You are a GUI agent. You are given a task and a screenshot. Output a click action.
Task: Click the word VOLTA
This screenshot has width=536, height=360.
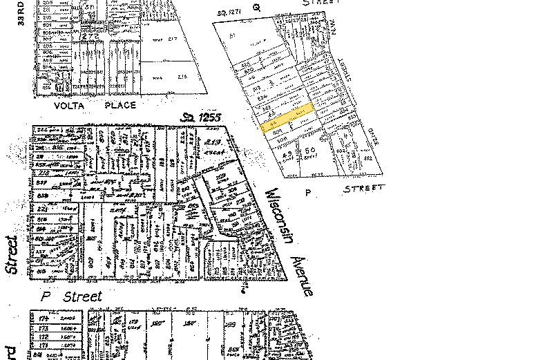(69, 105)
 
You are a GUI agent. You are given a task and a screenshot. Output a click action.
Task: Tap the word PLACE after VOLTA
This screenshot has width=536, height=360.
(119, 105)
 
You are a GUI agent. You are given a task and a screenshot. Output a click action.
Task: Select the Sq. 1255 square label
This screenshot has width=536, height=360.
(201, 118)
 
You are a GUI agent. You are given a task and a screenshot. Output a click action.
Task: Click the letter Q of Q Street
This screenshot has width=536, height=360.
(256, 8)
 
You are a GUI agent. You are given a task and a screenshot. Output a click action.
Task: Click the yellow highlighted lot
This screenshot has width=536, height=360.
(287, 117)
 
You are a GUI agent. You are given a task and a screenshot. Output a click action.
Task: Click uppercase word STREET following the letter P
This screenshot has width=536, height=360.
(363, 188)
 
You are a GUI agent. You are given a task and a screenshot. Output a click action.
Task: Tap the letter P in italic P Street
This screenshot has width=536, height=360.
(46, 296)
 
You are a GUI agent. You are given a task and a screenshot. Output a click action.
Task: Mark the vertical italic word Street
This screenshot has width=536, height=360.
(10, 256)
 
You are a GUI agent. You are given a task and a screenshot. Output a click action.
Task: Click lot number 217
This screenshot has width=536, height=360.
(173, 39)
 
